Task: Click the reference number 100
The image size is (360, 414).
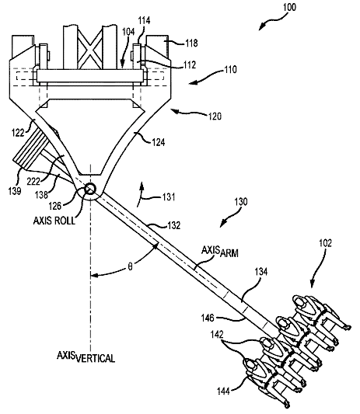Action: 289,7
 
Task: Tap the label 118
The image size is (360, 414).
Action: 191,43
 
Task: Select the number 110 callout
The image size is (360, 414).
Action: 230,70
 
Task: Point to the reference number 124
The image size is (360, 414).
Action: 159,142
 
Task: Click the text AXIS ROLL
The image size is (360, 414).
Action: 54,221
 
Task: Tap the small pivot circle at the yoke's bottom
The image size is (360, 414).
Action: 90,189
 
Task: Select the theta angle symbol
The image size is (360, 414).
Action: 130,267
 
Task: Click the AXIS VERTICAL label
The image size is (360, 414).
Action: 86,357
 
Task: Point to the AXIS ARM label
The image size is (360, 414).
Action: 220,252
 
